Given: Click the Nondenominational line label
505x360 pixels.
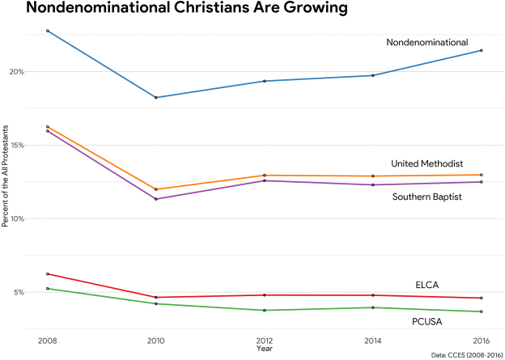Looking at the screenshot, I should click(427, 42).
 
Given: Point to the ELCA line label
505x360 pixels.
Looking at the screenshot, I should click(426, 285).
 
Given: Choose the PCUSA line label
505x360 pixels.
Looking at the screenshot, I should click(427, 321).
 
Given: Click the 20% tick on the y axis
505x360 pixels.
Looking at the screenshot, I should click(17, 71).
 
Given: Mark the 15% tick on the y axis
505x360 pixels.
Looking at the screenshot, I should click(17, 145).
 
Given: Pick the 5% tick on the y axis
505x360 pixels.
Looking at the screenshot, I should click(19, 292).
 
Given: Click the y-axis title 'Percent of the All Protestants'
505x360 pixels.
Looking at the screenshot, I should click(6, 176).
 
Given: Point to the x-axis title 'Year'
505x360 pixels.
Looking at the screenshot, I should click(264, 349).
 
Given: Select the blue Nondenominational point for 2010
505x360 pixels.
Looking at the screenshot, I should click(156, 97).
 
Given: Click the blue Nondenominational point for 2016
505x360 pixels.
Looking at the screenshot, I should click(481, 50).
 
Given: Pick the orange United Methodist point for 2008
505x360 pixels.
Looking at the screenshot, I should click(48, 127).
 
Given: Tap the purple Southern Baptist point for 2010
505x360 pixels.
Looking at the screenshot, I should click(156, 199).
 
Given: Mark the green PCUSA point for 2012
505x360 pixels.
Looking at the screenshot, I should click(264, 311).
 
